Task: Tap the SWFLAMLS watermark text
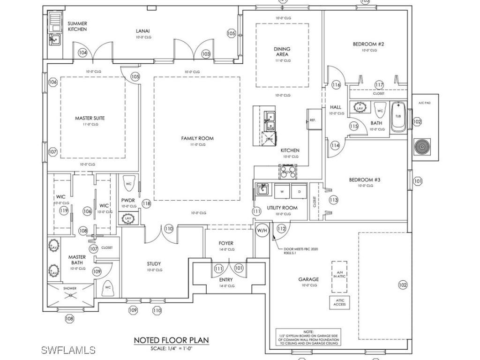point(68,350)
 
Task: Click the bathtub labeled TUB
point(399,116)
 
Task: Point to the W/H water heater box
point(262,230)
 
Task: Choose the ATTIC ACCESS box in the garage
point(339,302)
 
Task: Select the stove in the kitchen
point(288,172)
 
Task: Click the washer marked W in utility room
point(282,192)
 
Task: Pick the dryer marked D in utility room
point(299,192)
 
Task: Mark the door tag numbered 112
point(281,228)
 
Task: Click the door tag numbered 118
point(146,203)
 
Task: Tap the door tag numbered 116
point(336,85)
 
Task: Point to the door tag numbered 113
point(333,200)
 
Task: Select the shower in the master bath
point(70,295)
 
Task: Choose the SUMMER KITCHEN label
point(77,26)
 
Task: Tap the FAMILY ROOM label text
point(197,138)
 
